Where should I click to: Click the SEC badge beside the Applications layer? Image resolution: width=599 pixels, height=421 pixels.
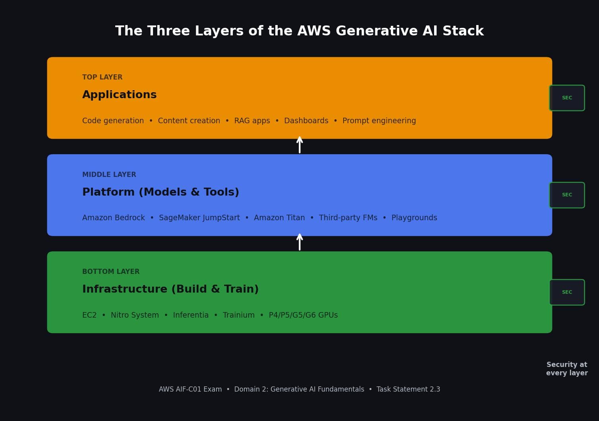pos(567,98)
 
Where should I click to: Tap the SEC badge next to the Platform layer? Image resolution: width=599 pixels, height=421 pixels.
pos(567,195)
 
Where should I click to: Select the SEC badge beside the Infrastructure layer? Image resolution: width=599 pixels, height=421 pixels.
pos(567,292)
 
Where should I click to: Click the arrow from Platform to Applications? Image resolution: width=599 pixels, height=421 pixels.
pos(299,145)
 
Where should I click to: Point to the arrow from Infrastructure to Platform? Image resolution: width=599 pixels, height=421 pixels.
pos(299,242)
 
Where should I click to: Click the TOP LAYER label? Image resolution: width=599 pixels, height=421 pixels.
pos(102,77)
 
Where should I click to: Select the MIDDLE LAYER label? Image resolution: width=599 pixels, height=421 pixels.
pos(109,175)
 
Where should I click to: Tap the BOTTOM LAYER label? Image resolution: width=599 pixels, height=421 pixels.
pos(111,272)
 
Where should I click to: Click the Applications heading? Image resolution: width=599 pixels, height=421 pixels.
pos(119,95)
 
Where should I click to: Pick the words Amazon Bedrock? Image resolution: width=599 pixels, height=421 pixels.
pos(113,218)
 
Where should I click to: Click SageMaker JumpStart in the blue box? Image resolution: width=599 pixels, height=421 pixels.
pos(199,218)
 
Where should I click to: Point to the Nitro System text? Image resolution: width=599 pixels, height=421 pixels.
pos(135,315)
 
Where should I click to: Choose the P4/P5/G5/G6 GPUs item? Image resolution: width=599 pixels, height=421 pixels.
pos(303,315)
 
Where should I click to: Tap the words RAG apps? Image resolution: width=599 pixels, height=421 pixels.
pos(252,121)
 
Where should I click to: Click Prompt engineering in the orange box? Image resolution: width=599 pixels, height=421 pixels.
pos(379,121)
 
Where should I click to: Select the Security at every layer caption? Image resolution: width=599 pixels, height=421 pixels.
pos(567,369)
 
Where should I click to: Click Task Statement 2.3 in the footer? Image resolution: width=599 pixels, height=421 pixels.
pos(408,389)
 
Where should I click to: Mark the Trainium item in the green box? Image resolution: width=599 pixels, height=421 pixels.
pos(238,315)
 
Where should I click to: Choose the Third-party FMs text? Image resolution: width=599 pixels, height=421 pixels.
pos(348,218)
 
